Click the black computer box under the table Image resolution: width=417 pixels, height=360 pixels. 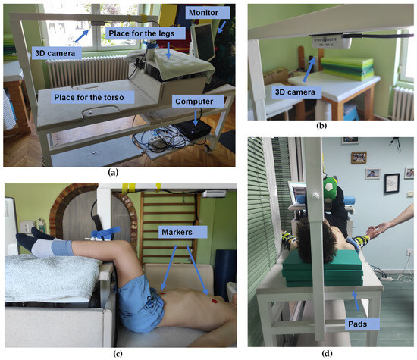click(x=193, y=129)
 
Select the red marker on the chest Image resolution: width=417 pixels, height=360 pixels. click(x=215, y=301)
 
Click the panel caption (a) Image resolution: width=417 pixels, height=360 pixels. click(x=113, y=173)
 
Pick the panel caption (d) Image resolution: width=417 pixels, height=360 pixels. click(x=327, y=353)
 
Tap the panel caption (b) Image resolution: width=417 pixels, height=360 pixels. click(x=321, y=126)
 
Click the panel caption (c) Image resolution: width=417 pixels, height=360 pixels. click(x=118, y=354)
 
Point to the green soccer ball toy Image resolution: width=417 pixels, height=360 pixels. click(x=331, y=187)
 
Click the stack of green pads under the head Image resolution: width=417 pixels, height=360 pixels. click(x=323, y=268)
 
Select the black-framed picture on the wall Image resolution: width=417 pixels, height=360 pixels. click(x=391, y=183)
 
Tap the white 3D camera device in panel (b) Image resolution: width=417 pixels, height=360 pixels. click(x=331, y=41)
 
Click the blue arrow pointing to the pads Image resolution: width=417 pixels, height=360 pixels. click(x=356, y=301)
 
